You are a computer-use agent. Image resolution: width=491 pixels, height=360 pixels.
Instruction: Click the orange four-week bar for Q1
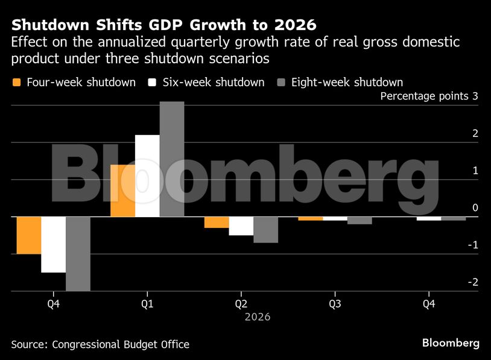point(122,191)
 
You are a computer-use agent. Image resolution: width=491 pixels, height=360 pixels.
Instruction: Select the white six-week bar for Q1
point(147,175)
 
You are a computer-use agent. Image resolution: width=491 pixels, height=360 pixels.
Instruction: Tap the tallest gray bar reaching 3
point(172,159)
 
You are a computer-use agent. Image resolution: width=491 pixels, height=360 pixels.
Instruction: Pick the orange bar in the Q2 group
point(217,223)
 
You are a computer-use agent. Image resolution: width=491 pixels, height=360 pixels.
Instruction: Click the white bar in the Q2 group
point(241,226)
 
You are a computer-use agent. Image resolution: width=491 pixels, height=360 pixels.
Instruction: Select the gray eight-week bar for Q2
point(266,230)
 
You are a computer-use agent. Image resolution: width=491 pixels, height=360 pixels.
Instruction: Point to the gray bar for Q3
point(360,221)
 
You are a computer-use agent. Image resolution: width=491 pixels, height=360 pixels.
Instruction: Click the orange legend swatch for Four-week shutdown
point(17,82)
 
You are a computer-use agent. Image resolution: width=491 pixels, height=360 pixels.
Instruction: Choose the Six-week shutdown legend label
point(214,82)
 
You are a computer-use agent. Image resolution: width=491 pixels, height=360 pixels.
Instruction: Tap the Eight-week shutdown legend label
point(347,82)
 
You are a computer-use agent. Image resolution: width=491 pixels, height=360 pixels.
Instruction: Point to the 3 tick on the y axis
point(475,96)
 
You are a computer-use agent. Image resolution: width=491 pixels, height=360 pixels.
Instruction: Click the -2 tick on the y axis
point(474,282)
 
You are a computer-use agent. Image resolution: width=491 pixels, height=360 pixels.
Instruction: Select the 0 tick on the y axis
point(475,208)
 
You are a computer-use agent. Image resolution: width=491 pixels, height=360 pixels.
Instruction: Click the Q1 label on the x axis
point(147,304)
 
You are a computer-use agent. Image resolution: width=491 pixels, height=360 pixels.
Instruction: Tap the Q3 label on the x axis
point(335,304)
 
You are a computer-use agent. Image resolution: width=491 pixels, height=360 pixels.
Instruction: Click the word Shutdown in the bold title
point(45,25)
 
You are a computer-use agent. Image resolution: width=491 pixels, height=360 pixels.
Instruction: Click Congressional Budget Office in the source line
point(121,344)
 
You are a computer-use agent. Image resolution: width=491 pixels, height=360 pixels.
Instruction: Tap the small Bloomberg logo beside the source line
point(451,343)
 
